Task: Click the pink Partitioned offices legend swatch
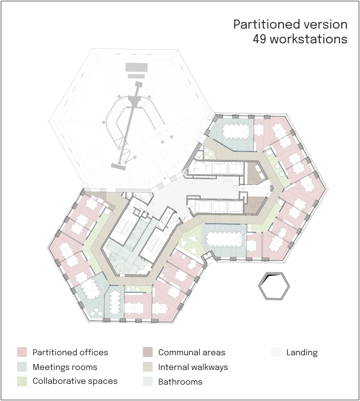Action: tap(22, 352)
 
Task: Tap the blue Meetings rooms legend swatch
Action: tap(22, 367)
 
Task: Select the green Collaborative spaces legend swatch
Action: tap(22, 381)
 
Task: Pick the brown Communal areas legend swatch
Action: tap(148, 352)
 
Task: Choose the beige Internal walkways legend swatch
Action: tap(148, 367)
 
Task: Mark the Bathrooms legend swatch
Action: tap(148, 381)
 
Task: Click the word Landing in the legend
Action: tap(302, 353)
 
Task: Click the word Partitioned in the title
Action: tap(267, 24)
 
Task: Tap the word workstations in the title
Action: tap(309, 39)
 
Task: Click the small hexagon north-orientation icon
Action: tap(274, 286)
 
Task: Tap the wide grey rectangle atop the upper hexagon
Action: tap(137, 67)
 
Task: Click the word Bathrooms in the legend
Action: tap(180, 382)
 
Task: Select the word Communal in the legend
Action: tap(178, 352)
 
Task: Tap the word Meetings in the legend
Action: tap(49, 368)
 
